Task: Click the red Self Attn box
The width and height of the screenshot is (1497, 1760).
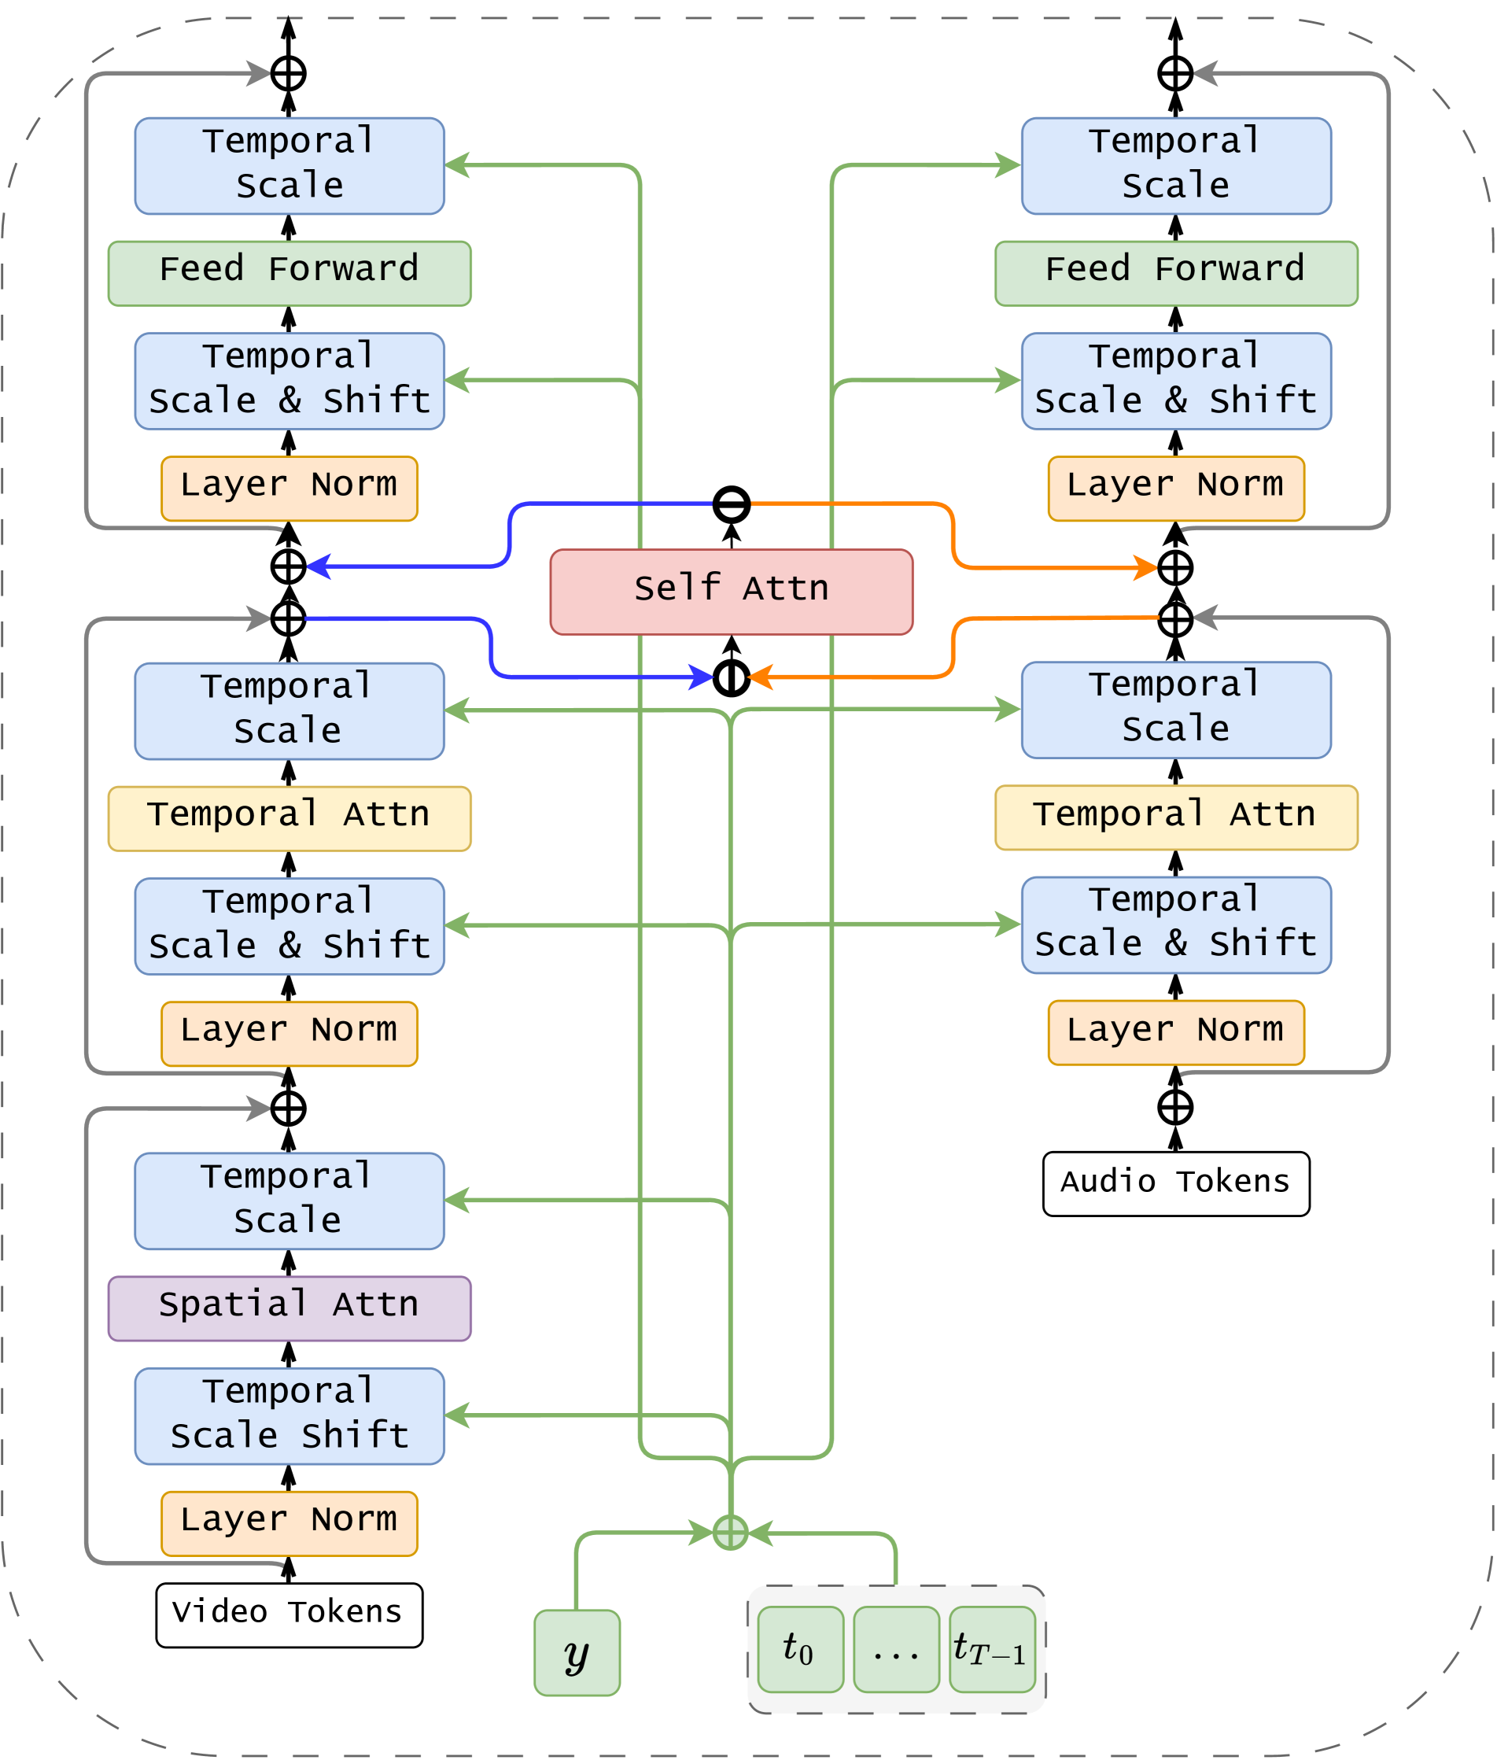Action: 731,592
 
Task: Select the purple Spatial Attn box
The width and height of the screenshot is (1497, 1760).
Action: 289,1308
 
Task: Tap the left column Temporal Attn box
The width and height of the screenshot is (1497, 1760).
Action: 289,818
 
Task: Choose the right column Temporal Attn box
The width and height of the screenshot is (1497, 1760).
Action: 1175,817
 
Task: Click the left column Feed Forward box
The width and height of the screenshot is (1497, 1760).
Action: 289,273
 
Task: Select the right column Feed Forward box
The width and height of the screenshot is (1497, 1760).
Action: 1175,273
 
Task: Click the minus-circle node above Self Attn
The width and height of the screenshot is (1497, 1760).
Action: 731,504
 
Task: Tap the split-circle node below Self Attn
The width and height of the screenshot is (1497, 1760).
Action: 731,677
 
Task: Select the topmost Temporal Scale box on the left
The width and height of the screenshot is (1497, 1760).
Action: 289,165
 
